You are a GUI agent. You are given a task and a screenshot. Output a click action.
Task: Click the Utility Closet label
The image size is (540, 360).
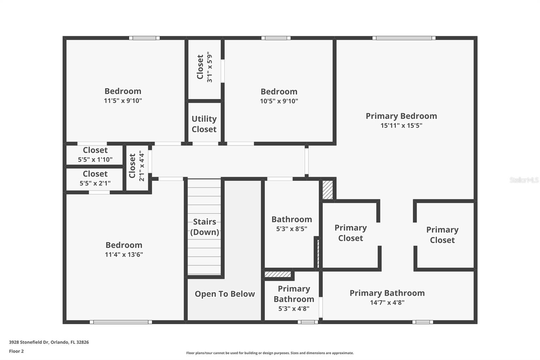pyautogui.click(x=204, y=124)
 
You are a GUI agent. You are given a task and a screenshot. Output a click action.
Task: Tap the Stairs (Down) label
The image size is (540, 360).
pyautogui.click(x=205, y=227)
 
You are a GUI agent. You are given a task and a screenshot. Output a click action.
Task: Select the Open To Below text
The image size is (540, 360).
pyautogui.click(x=225, y=294)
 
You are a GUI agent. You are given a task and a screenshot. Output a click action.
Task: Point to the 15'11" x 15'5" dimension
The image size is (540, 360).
pyautogui.click(x=401, y=125)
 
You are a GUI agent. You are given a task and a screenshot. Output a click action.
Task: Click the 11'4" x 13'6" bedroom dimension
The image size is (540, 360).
pyautogui.click(x=124, y=254)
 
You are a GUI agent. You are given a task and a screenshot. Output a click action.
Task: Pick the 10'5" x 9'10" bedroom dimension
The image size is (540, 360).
pyautogui.click(x=279, y=101)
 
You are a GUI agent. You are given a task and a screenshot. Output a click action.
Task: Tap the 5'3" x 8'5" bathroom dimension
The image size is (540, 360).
pyautogui.click(x=292, y=229)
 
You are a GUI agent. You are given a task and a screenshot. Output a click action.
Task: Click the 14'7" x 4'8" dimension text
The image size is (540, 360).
pyautogui.click(x=387, y=302)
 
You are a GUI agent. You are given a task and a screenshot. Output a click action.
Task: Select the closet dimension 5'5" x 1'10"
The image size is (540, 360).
pyautogui.click(x=95, y=159)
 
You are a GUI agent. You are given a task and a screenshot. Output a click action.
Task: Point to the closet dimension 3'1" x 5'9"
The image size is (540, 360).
pyautogui.click(x=210, y=67)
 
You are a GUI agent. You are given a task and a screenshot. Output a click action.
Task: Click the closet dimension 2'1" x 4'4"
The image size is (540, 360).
pyautogui.click(x=141, y=166)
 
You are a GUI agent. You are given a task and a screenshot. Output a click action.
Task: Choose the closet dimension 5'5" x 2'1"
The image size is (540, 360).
pyautogui.click(x=95, y=183)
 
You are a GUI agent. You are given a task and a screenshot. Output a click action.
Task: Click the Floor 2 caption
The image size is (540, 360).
pyautogui.click(x=16, y=351)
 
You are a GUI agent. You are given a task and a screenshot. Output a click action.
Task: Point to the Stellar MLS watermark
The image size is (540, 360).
pyautogui.click(x=524, y=180)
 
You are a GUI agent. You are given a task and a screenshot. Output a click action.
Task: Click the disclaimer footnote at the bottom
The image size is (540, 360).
pyautogui.click(x=270, y=353)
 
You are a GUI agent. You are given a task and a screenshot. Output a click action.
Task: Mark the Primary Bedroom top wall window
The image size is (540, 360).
pyautogui.click(x=404, y=38)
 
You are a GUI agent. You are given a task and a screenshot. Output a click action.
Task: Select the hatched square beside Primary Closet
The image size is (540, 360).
pyautogui.click(x=327, y=190)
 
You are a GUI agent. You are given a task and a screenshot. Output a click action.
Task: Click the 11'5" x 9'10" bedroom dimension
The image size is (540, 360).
pyautogui.click(x=123, y=101)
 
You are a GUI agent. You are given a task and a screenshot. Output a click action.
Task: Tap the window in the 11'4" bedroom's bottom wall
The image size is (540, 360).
pyautogui.click(x=121, y=322)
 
